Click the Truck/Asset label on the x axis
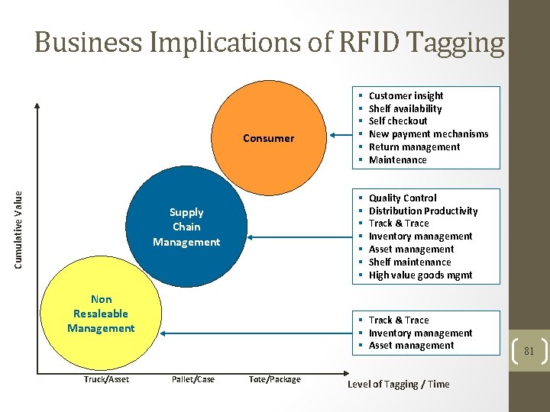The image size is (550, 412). tap(106, 379)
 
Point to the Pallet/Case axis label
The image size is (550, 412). tap(192, 379)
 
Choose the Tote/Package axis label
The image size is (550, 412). tap(275, 379)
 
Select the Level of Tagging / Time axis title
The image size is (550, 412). tap(398, 384)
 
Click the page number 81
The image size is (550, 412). tap(529, 352)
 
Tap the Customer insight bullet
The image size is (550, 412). tap(406, 95)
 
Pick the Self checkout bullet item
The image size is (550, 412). tap(398, 121)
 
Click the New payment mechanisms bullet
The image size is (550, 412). tap(428, 134)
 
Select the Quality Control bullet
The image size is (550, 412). tap(403, 198)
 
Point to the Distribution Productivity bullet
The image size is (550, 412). tap(422, 211)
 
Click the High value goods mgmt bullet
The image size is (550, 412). tap(420, 275)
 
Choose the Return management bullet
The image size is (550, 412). tap(414, 147)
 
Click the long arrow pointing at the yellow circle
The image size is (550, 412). tap(252, 333)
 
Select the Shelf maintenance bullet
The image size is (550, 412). tap(409, 262)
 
